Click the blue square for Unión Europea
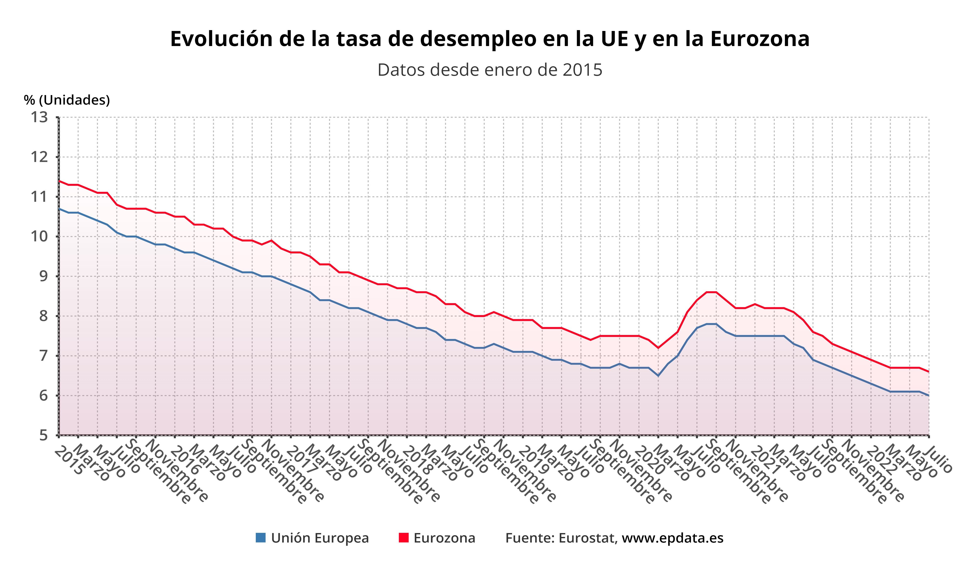(x=261, y=538)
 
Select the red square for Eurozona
(x=404, y=538)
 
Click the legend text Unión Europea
(x=320, y=538)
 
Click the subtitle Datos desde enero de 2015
(x=490, y=70)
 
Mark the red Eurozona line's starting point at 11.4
(x=59, y=181)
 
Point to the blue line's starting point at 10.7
(x=59, y=209)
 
